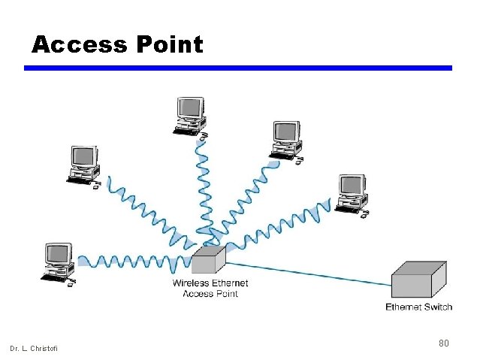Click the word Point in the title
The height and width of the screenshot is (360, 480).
tap(170, 45)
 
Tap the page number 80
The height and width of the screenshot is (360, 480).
tap(443, 343)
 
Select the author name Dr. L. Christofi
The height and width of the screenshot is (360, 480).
tap(33, 347)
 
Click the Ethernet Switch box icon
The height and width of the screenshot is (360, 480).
tap(418, 281)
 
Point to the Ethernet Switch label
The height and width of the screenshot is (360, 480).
tap(418, 307)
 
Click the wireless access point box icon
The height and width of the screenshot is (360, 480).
tap(208, 261)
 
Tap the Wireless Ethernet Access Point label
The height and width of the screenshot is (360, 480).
tap(210, 289)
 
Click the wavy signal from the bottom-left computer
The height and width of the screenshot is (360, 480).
tap(131, 262)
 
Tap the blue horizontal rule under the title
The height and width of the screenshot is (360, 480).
tap(238, 68)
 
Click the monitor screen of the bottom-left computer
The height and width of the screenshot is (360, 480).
tap(58, 254)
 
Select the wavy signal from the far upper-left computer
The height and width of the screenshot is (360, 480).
tap(150, 214)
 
